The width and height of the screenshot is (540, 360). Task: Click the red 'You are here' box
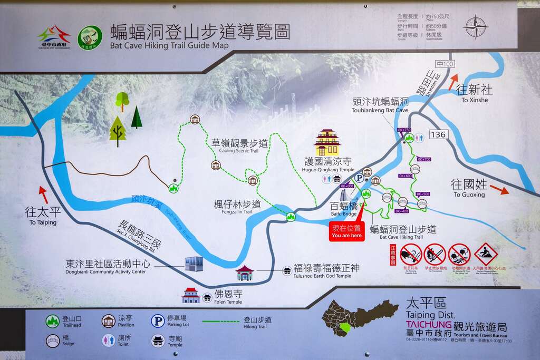pos(346,231)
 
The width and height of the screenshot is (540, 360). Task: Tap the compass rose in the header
pos(475,27)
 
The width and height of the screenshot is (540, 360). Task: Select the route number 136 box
pos(438,134)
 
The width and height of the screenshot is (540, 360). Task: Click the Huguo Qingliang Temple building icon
pos(327,142)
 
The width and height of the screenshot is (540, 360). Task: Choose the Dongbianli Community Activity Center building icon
pos(194,264)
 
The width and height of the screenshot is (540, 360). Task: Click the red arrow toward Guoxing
pos(499,189)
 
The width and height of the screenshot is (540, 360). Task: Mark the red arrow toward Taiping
pos(43,194)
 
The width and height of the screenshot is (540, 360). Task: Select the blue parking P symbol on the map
pos(359,178)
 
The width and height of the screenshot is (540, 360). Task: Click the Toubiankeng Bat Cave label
pos(380,105)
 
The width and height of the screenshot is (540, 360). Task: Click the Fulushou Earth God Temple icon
pos(287,270)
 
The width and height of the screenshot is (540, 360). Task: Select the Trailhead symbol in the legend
pos(52,322)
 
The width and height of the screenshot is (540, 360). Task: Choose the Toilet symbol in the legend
pos(108,340)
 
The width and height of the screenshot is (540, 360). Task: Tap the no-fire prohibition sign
pos(435,254)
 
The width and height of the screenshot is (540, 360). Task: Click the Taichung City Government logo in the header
pos(54,37)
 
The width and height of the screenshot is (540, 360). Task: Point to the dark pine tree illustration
pos(137,118)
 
